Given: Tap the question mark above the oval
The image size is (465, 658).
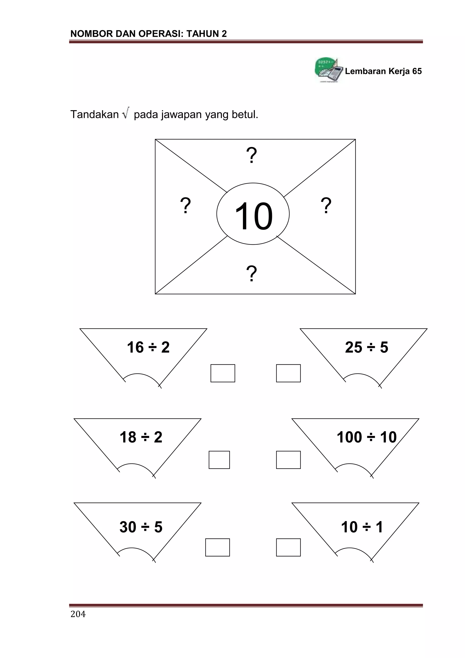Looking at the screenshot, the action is (x=252, y=155).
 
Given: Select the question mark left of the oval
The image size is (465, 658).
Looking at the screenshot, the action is (x=186, y=205).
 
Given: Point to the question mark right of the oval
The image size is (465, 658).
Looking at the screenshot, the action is (x=326, y=205).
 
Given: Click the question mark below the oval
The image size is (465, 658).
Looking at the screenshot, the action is (x=252, y=273).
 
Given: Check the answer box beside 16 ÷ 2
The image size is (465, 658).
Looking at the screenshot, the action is (x=223, y=373).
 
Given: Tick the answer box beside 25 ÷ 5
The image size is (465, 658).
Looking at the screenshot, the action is (x=288, y=373).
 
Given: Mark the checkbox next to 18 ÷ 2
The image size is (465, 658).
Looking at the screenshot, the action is (x=219, y=460).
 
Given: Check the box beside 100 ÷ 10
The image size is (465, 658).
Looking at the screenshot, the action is (x=288, y=460).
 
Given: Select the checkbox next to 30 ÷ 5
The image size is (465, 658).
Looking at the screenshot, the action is (x=218, y=547).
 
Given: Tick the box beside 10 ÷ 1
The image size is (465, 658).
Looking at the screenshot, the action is (x=288, y=547).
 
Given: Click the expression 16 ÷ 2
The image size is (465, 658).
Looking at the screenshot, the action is (x=148, y=347).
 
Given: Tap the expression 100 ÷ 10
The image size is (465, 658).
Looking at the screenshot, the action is (x=367, y=437).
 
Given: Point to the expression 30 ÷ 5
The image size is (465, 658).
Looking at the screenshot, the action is (x=141, y=527).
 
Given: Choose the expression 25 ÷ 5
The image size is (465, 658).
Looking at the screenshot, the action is (x=367, y=347).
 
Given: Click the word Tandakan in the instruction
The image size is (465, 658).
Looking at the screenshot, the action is (x=94, y=115).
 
